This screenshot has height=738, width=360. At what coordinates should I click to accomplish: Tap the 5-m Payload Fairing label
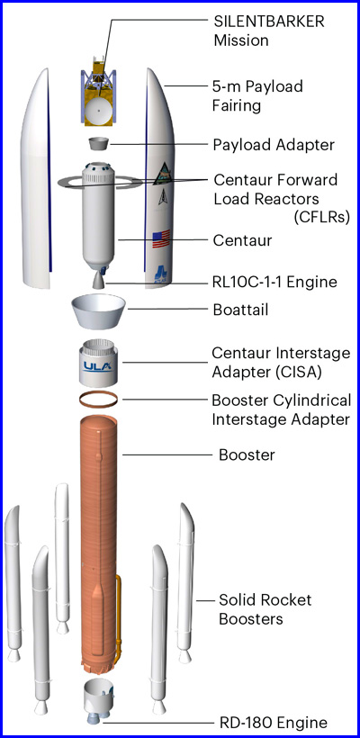[x=257, y=96]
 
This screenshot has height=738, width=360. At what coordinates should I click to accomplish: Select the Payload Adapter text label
[x=274, y=145]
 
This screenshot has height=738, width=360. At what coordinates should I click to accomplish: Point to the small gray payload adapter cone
[x=97, y=144]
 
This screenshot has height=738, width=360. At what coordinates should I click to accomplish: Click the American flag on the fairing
[x=160, y=239]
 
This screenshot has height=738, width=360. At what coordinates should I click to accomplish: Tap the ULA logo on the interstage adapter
[x=98, y=366]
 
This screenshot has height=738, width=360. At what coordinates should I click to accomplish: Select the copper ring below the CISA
[x=98, y=399]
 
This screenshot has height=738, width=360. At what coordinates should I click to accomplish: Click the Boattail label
[x=240, y=310]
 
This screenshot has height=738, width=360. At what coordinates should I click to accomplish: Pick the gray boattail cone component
[x=98, y=311]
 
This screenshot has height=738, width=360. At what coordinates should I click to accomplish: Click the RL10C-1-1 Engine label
[x=274, y=282]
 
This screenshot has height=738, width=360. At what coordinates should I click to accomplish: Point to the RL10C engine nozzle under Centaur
[x=98, y=280]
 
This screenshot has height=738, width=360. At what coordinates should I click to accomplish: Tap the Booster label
[x=247, y=455]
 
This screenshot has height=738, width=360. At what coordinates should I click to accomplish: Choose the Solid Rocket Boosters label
[x=265, y=609]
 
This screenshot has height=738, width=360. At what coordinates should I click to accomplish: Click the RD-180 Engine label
[x=274, y=723]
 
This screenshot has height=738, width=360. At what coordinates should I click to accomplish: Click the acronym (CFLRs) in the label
[x=322, y=217]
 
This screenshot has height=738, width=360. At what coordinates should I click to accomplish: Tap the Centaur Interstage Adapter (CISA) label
[x=281, y=363]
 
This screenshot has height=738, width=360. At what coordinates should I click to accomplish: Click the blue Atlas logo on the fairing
[x=161, y=273]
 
